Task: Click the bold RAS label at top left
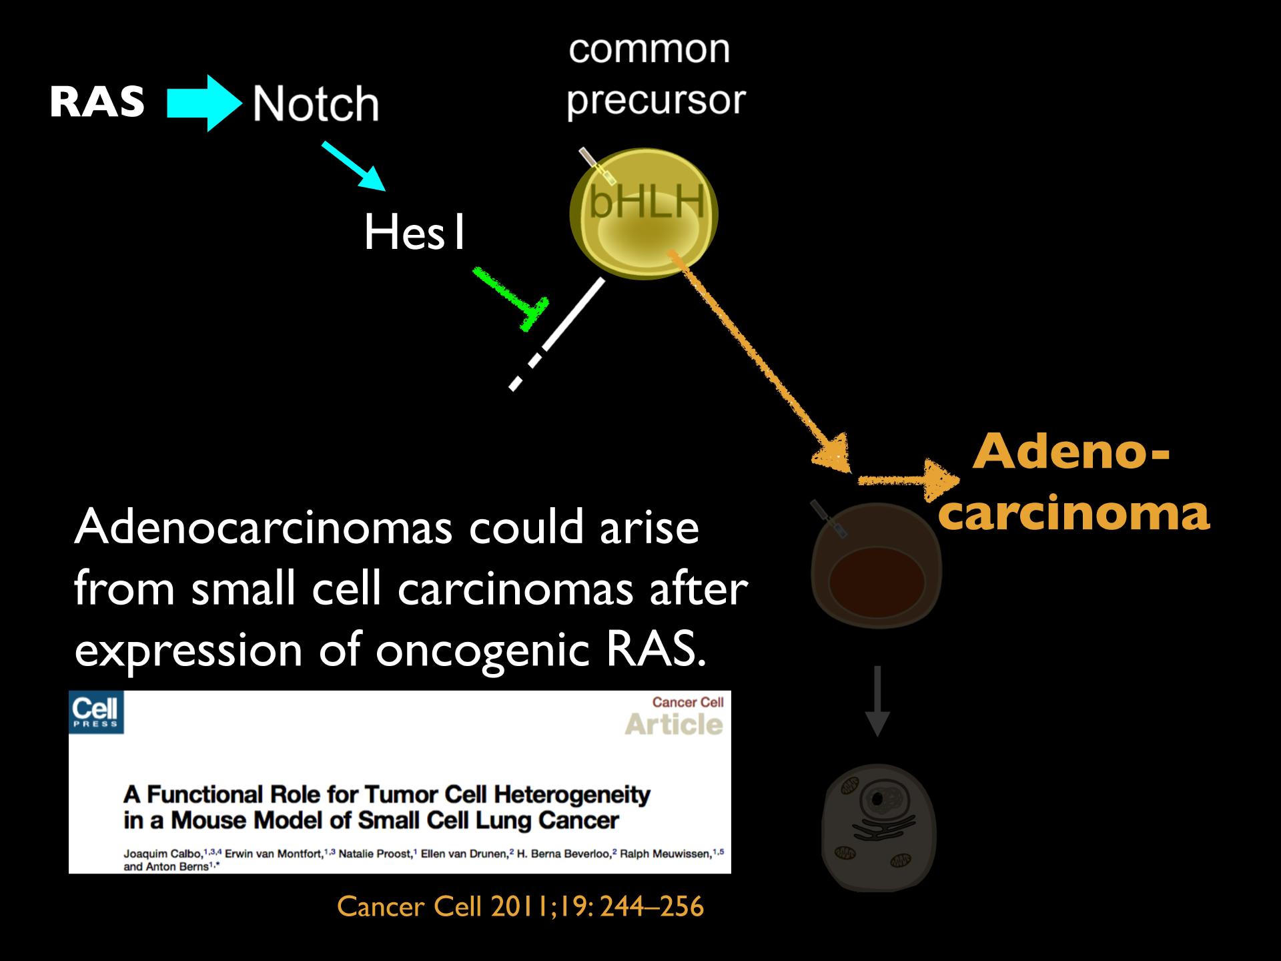pyautogui.click(x=97, y=102)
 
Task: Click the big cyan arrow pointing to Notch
pyautogui.click(x=204, y=103)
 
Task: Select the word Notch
pyautogui.click(x=316, y=104)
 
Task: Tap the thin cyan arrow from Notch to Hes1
pyautogui.click(x=354, y=166)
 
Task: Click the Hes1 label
pyautogui.click(x=414, y=233)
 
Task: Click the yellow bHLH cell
pyautogui.click(x=643, y=214)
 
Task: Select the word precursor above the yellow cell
pyautogui.click(x=656, y=101)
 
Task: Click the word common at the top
pyautogui.click(x=649, y=49)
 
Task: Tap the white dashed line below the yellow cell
pyautogui.click(x=558, y=334)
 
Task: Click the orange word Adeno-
pyautogui.click(x=1072, y=452)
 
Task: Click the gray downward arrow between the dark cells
pyautogui.click(x=877, y=701)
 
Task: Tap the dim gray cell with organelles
pyautogui.click(x=879, y=828)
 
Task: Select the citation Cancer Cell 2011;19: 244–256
pyautogui.click(x=520, y=906)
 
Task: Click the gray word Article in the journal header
pyautogui.click(x=674, y=724)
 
